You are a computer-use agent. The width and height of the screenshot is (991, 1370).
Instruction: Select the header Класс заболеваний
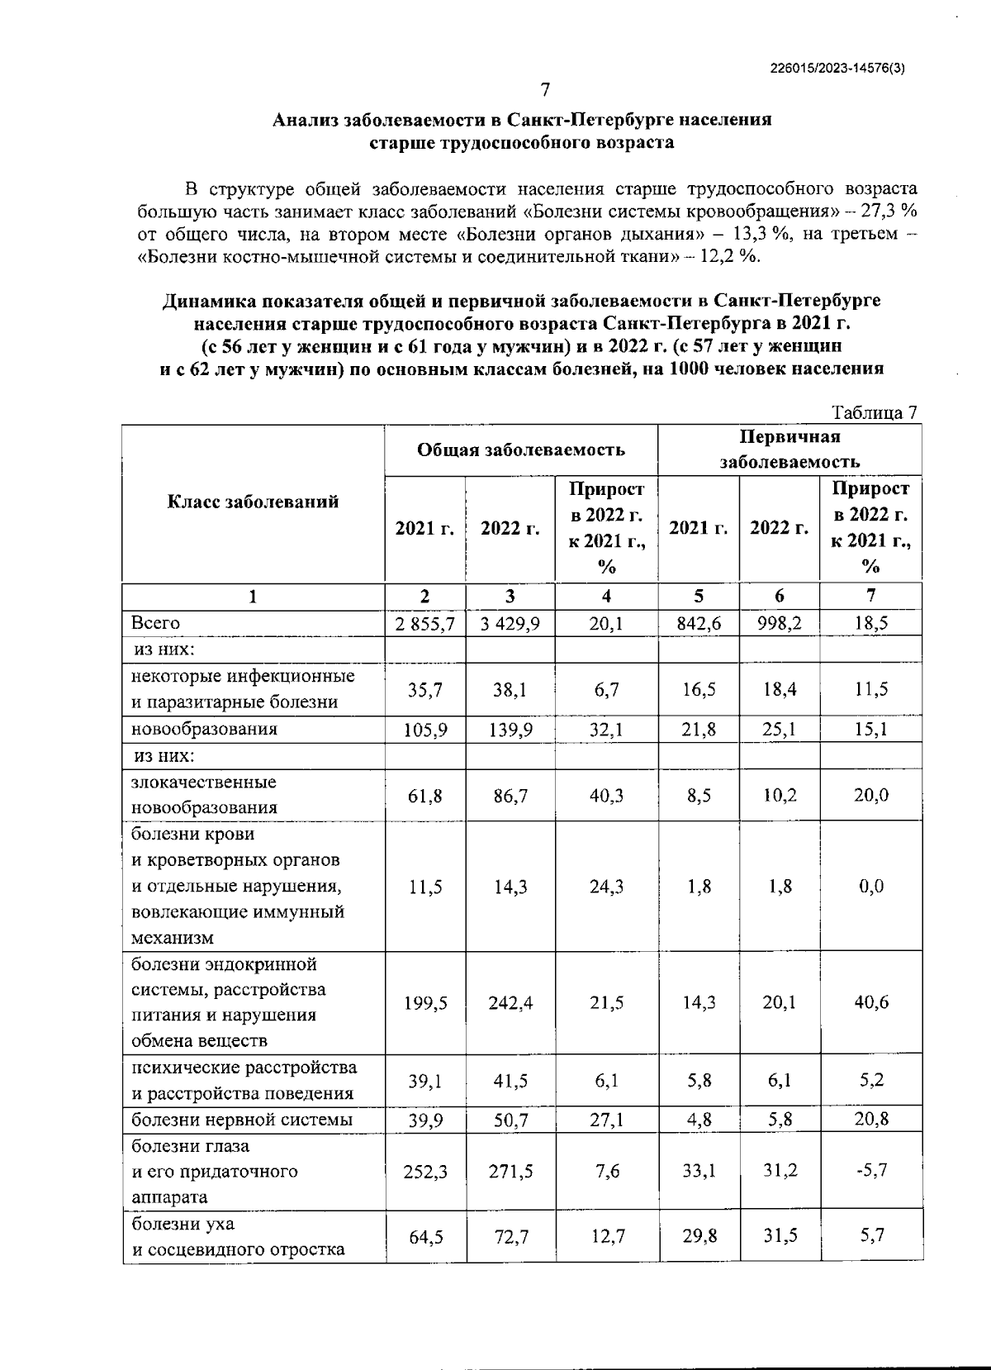point(253,502)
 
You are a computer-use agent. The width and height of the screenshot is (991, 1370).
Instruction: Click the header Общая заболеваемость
point(520,450)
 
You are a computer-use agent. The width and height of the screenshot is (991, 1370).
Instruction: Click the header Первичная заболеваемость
point(789,450)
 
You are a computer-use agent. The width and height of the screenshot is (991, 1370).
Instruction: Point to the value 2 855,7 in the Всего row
point(424,623)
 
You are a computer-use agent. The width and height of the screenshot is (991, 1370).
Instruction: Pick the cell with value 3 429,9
point(510,623)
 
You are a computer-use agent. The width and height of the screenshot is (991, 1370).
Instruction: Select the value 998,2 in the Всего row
point(779,623)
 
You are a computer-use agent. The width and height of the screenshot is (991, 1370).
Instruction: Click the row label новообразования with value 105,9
point(205,729)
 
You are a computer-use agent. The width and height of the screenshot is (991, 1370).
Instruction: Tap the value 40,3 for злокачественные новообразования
point(606,795)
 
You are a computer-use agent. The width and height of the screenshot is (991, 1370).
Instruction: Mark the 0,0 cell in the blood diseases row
point(870,887)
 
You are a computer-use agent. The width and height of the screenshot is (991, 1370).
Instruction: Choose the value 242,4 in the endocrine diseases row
point(510,1002)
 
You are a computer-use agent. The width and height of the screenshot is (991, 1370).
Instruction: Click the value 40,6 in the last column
point(870,1002)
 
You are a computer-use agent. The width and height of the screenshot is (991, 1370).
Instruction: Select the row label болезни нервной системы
point(243,1120)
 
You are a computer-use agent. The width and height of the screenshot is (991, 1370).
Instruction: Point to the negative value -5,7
point(870,1171)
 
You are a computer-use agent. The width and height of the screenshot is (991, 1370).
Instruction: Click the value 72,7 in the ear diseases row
point(510,1236)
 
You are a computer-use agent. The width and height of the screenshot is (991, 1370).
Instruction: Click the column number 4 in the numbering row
point(606,597)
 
